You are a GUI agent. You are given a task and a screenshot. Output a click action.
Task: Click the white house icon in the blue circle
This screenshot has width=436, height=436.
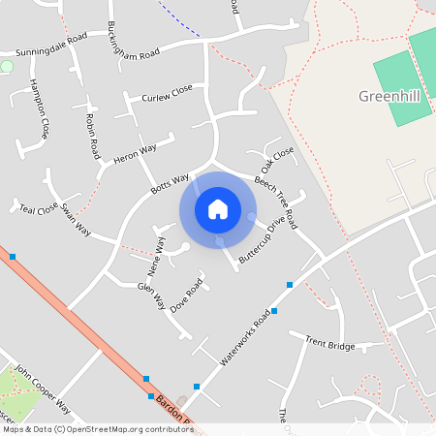pyautogui.click(x=218, y=209)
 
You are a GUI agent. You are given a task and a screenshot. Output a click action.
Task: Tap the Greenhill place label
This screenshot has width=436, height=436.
pyautogui.click(x=395, y=96)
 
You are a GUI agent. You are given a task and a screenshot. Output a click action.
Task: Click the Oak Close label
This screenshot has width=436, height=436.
pyautogui.click(x=277, y=160)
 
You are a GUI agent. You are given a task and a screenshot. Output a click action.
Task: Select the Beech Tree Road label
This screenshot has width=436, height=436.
pyautogui.click(x=276, y=202)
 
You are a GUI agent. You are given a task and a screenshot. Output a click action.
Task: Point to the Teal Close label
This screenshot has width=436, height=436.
pyautogui.click(x=39, y=208)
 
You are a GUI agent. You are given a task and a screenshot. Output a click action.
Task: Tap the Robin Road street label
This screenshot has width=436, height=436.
pyautogui.click(x=93, y=136)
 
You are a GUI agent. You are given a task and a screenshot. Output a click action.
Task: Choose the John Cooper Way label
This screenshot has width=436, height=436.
pyautogui.click(x=44, y=390)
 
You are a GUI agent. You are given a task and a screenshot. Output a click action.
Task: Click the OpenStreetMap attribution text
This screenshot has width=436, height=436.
pyautogui.click(x=97, y=429)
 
